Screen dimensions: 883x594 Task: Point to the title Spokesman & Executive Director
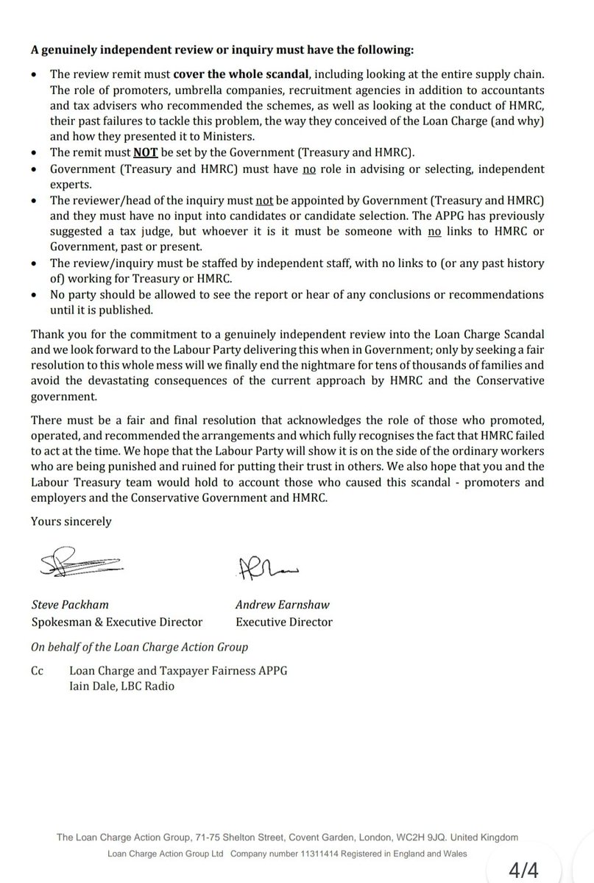pyautogui.click(x=116, y=622)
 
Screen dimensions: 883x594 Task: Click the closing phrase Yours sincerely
pyautogui.click(x=71, y=521)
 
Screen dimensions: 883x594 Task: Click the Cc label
pyautogui.click(x=38, y=671)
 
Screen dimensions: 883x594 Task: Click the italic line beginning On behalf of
pyautogui.click(x=139, y=648)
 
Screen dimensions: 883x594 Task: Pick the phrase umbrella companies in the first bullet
pyautogui.click(x=219, y=91)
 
